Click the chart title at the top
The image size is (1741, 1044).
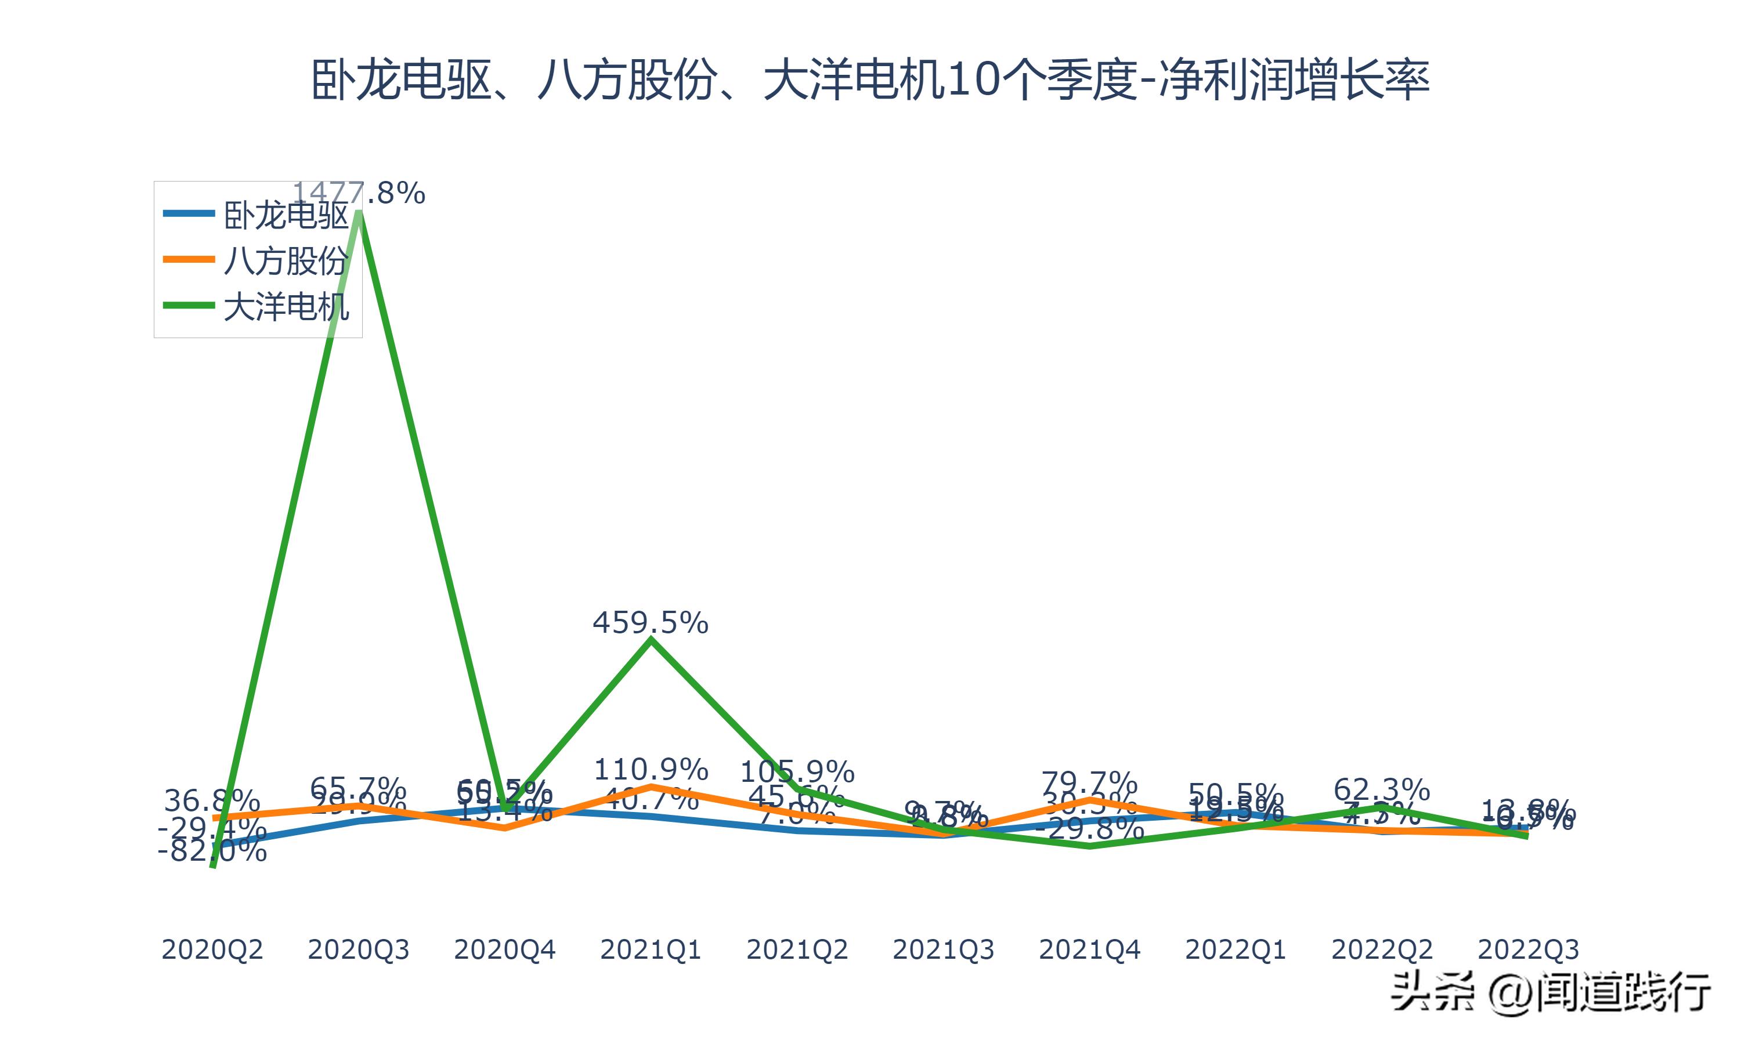tap(870, 80)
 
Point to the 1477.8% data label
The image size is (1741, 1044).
tap(359, 193)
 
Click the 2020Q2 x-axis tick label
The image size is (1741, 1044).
tap(212, 949)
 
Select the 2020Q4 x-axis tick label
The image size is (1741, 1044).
tap(504, 949)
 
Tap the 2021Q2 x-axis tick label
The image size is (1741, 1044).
tap(797, 949)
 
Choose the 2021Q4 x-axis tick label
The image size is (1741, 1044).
tap(1089, 949)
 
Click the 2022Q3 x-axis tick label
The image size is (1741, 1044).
tap(1528, 949)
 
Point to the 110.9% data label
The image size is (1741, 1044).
tap(651, 769)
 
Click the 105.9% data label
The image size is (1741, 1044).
tap(797, 773)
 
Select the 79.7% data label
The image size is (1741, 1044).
tap(1089, 782)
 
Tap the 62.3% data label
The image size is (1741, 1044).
tap(1381, 789)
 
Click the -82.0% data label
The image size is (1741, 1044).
tap(212, 852)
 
